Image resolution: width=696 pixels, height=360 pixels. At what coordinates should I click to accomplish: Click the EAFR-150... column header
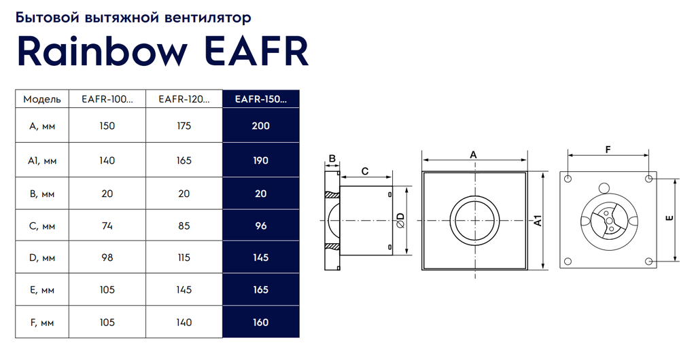point(261,99)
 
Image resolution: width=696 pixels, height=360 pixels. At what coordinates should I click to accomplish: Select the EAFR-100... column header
point(107,99)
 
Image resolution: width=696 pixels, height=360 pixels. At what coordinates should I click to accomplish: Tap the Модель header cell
point(42,99)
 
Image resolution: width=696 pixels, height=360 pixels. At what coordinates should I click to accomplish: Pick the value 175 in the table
point(184,126)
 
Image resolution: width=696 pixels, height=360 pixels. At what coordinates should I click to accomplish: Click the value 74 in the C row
point(107,226)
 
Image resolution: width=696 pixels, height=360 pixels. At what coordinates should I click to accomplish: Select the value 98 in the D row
point(107,257)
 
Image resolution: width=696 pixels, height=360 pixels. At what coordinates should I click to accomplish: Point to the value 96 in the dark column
point(261,226)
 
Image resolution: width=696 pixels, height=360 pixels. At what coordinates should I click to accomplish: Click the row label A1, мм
point(42,160)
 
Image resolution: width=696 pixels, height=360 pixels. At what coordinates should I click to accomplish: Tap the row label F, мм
point(42,323)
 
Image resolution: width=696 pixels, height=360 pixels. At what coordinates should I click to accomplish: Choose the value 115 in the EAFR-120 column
point(184,257)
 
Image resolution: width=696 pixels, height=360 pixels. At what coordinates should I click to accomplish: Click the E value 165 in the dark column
point(261,290)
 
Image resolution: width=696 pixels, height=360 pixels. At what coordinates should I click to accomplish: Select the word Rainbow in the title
point(102,51)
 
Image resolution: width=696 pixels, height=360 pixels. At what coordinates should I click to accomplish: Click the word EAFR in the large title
point(258,51)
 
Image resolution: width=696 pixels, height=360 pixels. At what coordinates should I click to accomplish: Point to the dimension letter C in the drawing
point(365,171)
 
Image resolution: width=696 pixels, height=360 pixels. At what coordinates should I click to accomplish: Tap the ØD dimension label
point(401,220)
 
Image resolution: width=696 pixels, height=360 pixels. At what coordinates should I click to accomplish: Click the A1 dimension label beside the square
point(538,220)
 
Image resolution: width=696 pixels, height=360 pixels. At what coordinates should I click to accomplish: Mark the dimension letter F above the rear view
point(608,150)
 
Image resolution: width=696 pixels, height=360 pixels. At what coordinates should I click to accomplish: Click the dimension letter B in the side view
point(332,158)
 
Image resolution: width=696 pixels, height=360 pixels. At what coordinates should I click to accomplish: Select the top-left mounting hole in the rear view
point(568,179)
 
